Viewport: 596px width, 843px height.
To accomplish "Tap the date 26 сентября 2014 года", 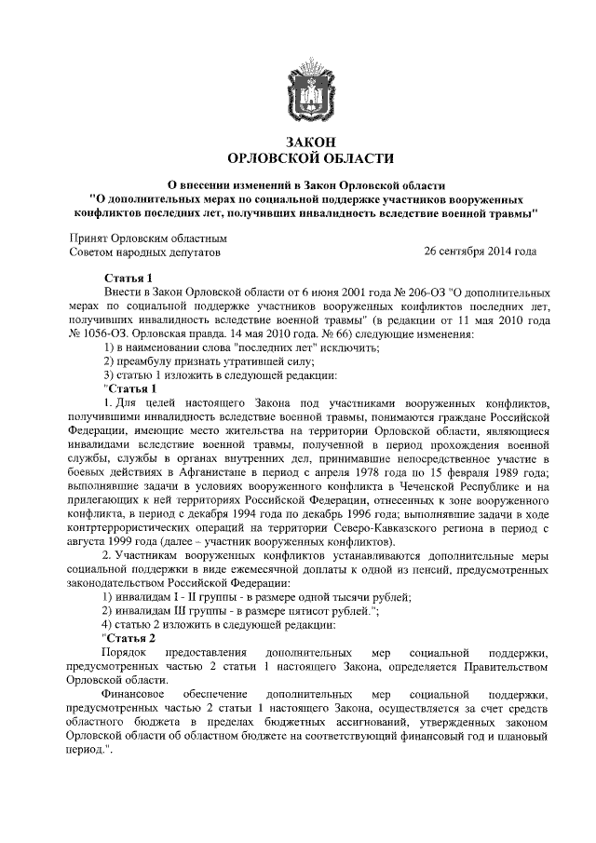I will click(x=481, y=252).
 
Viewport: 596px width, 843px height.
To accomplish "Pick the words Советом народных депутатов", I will click(x=146, y=252).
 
